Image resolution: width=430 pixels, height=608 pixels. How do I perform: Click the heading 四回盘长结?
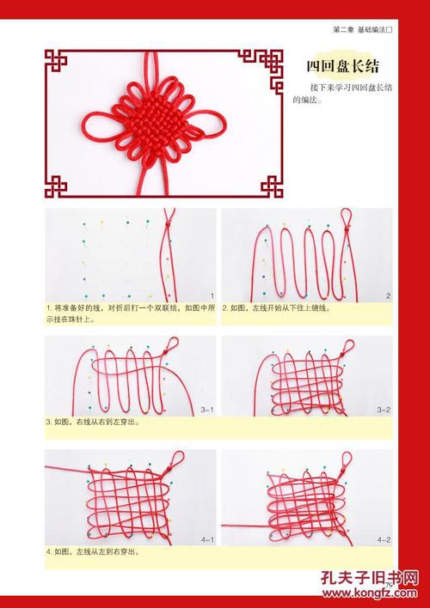tap(344, 66)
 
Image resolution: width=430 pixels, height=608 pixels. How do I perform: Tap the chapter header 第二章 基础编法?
tap(361, 30)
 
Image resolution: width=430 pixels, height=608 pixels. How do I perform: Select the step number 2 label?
tap(388, 295)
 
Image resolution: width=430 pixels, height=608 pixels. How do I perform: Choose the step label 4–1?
tap(206, 539)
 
